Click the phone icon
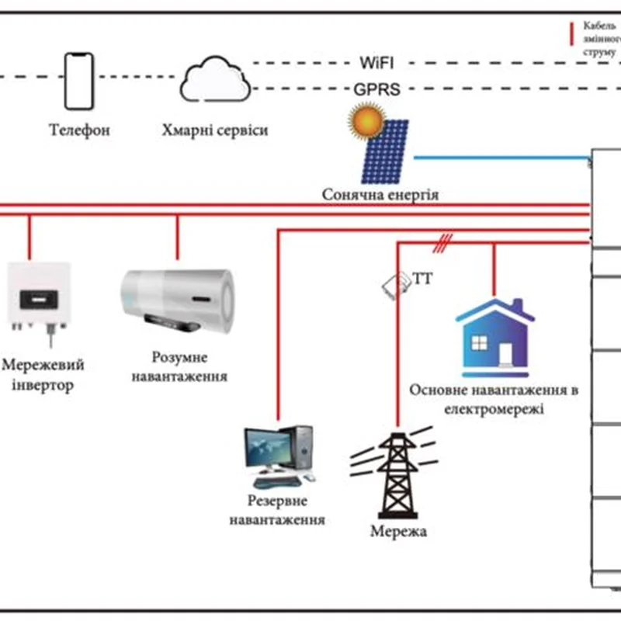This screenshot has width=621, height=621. pos(78,81)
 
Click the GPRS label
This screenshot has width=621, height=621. pos(377,89)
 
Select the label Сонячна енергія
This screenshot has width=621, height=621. pos(380,194)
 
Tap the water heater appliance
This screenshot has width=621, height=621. pos(179,298)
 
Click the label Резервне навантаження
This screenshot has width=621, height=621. pos(277,510)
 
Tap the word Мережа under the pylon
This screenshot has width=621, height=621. pos(398,533)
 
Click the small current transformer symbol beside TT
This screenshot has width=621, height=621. pos(395,284)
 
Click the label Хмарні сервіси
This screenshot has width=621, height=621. pos(215,130)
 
